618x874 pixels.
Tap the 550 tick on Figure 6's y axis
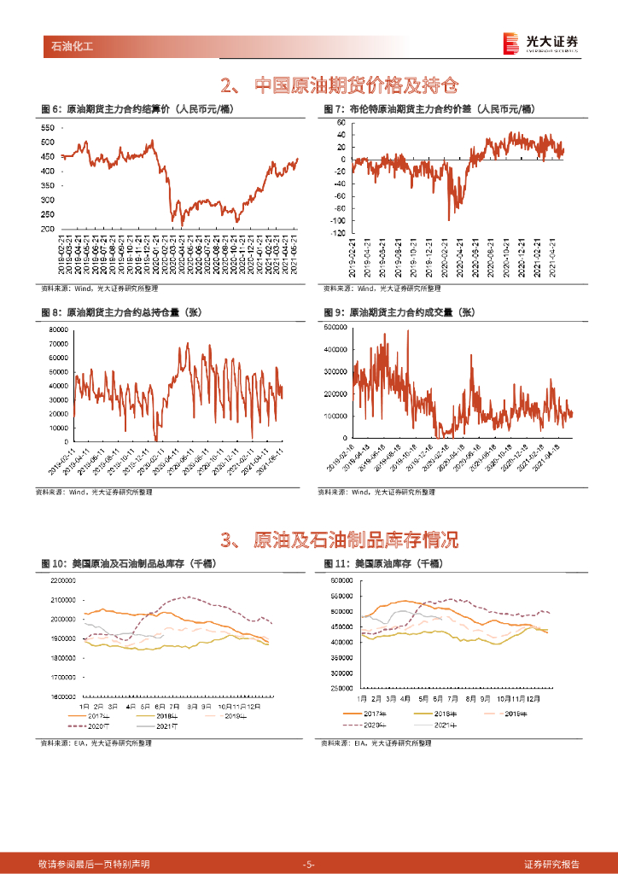48,127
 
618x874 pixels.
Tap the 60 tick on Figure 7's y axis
339,123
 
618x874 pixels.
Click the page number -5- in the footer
309,864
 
